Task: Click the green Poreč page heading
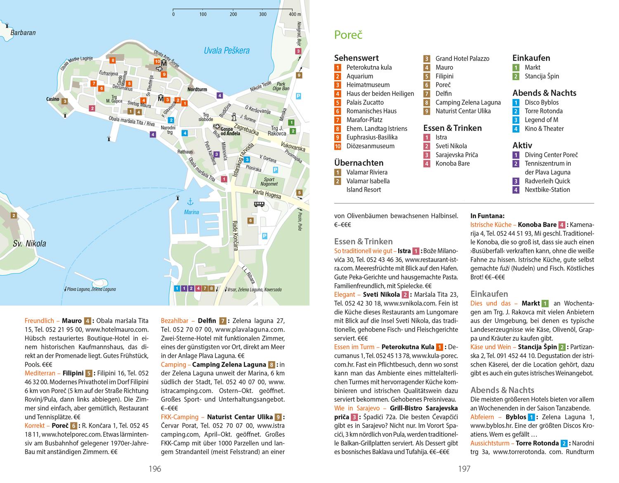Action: [x=348, y=35]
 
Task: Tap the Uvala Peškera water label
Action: [x=227, y=51]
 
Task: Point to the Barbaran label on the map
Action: [x=23, y=33]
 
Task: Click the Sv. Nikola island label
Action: [x=29, y=244]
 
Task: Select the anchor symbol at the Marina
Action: [x=190, y=202]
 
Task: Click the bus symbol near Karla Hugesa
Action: [x=259, y=204]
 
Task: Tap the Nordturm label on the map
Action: [x=197, y=89]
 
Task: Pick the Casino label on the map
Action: [x=52, y=99]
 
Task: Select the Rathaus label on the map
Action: [x=185, y=152]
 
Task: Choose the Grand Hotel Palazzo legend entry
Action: [x=462, y=59]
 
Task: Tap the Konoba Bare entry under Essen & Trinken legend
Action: [x=452, y=163]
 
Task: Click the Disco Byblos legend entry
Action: [x=541, y=102]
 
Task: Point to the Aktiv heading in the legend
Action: [x=522, y=145]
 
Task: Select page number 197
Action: [x=464, y=469]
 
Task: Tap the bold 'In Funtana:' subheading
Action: [x=487, y=215]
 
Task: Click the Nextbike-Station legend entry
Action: [x=547, y=190]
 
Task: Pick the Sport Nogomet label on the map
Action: [x=269, y=182]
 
